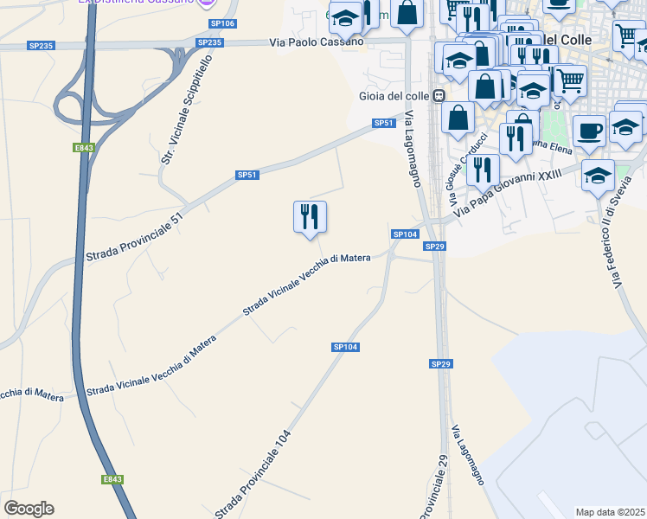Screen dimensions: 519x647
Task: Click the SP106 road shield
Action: coord(222,23)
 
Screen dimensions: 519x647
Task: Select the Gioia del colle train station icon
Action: coord(439,96)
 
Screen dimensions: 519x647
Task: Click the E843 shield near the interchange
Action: coord(83,148)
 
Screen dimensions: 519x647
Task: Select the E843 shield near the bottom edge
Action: coord(112,479)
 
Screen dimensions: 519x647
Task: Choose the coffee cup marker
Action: coord(589,131)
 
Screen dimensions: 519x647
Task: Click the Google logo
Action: coord(29,509)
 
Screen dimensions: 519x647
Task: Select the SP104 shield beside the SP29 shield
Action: coord(405,234)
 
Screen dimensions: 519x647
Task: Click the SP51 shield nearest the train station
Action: coord(384,124)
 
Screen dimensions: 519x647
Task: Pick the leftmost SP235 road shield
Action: coord(39,45)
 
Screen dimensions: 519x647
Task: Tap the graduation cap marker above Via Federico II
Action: coord(598,176)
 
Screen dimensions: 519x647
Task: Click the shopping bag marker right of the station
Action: coord(458,117)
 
